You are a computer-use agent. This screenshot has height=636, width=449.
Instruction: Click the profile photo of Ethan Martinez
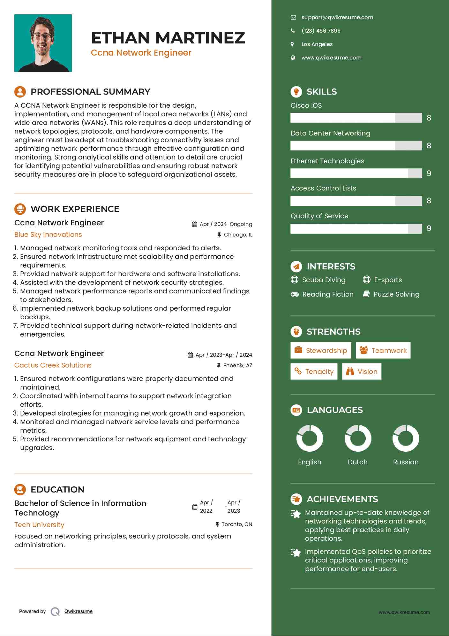click(43, 43)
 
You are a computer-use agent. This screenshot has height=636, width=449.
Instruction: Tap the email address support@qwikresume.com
click(337, 18)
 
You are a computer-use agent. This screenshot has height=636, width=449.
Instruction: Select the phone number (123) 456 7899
click(321, 31)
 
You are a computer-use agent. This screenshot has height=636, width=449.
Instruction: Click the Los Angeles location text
click(317, 44)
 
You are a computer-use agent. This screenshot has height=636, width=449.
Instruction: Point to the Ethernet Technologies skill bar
click(356, 173)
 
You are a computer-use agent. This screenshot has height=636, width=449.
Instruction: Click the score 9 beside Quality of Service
click(429, 229)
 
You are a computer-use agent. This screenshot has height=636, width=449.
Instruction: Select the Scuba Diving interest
click(323, 280)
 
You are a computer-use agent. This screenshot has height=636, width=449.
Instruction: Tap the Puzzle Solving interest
click(396, 294)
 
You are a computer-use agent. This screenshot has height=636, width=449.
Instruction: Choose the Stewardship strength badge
click(320, 350)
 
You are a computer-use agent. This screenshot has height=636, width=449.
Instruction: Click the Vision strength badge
click(362, 371)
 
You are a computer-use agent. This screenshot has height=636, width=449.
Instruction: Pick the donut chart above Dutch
click(358, 438)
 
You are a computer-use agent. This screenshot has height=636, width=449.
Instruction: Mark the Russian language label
click(406, 462)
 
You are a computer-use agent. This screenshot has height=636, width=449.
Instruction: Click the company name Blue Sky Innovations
click(48, 235)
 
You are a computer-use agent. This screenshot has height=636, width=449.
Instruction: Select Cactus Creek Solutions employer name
click(53, 365)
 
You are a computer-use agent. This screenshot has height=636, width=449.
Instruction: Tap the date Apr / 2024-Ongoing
click(226, 224)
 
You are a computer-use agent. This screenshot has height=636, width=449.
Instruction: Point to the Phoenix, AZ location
click(237, 365)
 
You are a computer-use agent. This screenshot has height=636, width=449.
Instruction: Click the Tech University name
click(39, 525)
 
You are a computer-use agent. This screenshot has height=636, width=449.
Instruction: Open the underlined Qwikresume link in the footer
click(79, 611)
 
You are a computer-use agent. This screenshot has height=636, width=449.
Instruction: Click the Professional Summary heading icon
click(20, 92)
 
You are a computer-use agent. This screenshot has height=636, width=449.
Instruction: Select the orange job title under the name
click(141, 53)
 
